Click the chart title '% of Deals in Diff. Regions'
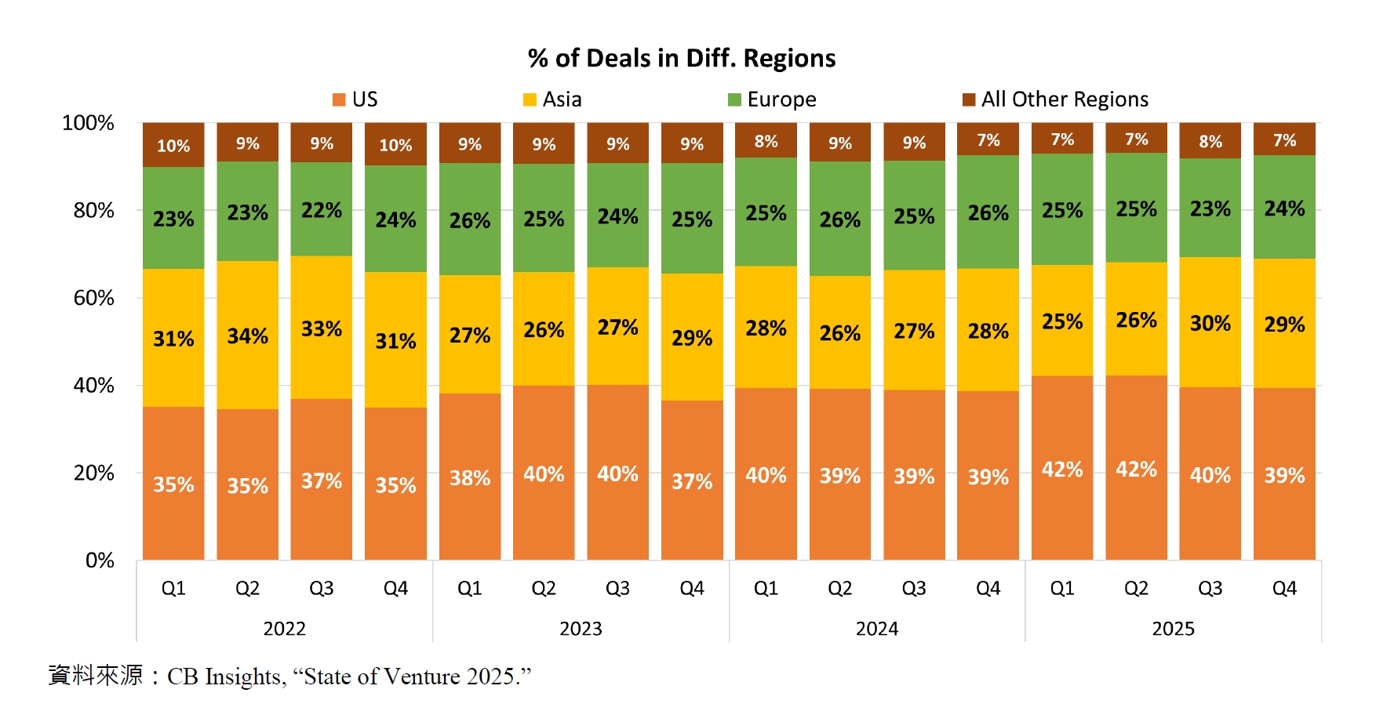(x=681, y=59)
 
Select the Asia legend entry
(x=552, y=100)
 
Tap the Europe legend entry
(x=772, y=100)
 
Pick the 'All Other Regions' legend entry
(x=1055, y=100)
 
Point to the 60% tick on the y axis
(x=93, y=298)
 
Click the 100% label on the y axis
(x=88, y=123)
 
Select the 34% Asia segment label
(x=247, y=336)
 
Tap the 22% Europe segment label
(x=322, y=210)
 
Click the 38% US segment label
(x=470, y=478)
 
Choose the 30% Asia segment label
(x=1210, y=323)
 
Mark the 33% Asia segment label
(x=322, y=328)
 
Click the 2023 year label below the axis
(x=581, y=629)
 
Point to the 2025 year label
(x=1173, y=629)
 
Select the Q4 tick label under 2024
(x=988, y=589)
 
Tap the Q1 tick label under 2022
(x=173, y=589)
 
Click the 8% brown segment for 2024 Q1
(x=766, y=141)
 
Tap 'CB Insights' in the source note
(x=225, y=677)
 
